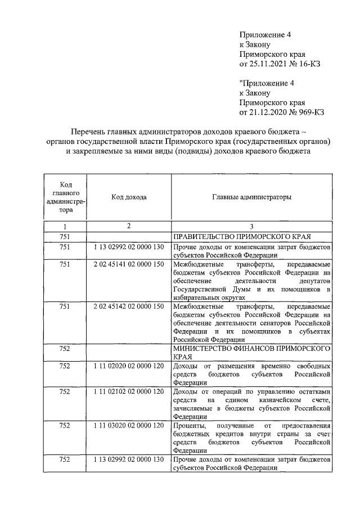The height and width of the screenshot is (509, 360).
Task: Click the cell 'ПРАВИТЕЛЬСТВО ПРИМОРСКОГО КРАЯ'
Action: pyautogui.click(x=243, y=236)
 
